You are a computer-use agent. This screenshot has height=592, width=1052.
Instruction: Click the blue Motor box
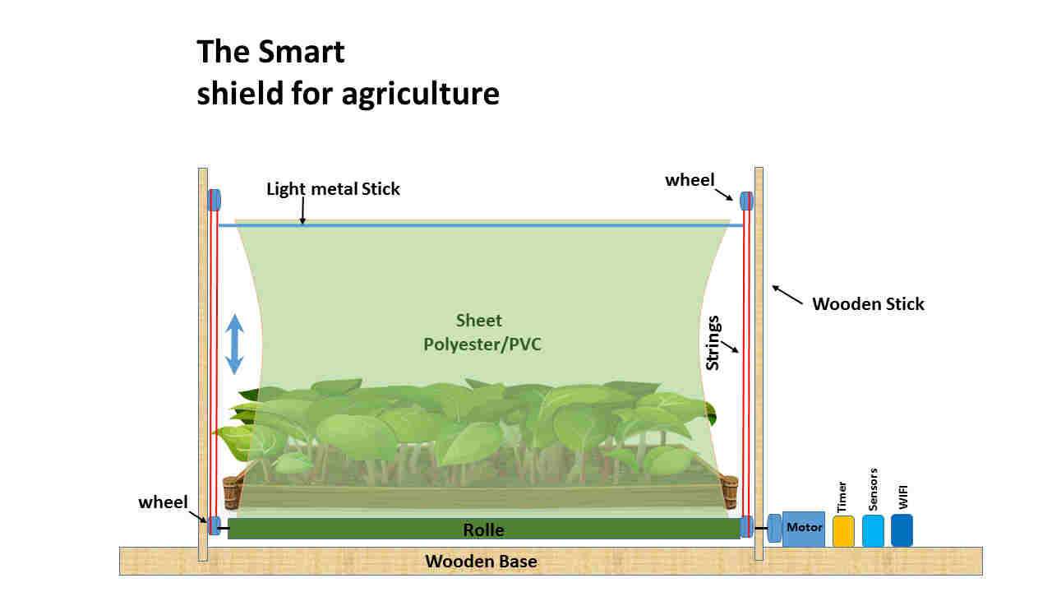pos(804,529)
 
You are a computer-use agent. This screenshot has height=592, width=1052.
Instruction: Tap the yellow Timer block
pos(843,531)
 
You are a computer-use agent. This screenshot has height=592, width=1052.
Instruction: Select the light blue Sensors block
pos(873,531)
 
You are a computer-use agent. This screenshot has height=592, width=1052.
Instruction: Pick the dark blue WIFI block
pos(902,530)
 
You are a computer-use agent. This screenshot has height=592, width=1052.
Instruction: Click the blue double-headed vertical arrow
pos(234,345)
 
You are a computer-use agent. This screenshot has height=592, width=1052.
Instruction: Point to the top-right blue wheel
pos(746,201)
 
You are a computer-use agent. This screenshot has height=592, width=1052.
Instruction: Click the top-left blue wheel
pos(215,200)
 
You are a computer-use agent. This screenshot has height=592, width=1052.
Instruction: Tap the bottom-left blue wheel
pos(215,525)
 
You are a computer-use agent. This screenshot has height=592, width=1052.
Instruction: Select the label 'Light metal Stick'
pos(333,189)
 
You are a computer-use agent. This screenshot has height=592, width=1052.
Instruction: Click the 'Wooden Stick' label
pos(868,304)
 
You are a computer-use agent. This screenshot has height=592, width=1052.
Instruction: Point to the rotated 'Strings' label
pos(713,343)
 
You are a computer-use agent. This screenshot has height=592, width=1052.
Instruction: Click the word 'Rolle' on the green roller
pos(483,530)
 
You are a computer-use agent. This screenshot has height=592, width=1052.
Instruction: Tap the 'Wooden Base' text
pos(481,562)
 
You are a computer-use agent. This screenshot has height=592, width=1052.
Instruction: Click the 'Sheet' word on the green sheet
pos(478,321)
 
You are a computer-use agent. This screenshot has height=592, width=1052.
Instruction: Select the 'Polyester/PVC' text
pos(482,345)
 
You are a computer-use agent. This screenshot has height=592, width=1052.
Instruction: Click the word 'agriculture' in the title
pos(420,94)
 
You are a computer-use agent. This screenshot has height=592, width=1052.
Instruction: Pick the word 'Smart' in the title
pos(301,51)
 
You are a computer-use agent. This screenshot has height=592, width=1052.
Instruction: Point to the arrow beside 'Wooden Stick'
pos(787,295)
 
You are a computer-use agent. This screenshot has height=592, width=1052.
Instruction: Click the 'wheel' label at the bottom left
pos(163,502)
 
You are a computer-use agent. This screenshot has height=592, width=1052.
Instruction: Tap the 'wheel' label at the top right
pos(690,180)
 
